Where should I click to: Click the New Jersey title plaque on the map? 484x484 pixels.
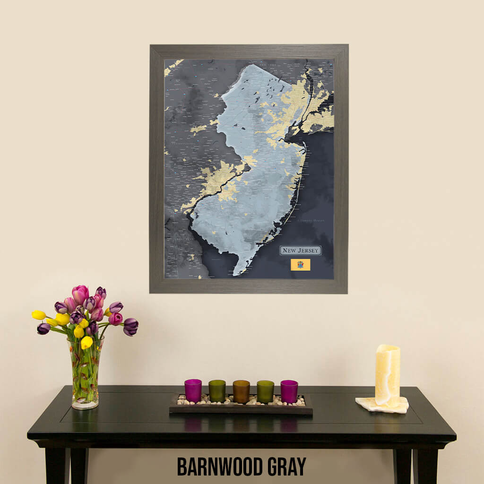pos(300,251)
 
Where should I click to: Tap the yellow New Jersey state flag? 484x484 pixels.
pos(300,265)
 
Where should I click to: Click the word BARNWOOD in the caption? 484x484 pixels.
pos(219,466)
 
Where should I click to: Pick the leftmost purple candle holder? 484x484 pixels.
pos(193,390)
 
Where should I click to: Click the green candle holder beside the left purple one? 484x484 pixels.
pos(217,391)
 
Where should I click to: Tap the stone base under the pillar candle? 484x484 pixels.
pos(382,405)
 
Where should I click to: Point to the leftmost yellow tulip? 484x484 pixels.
pos(39,315)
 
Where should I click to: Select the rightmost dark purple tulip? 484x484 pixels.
pos(130,326)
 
